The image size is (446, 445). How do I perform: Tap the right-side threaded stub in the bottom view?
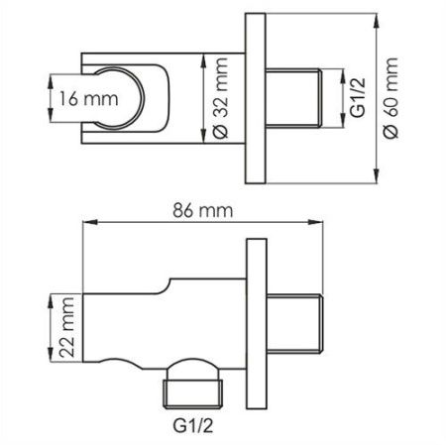298,323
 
